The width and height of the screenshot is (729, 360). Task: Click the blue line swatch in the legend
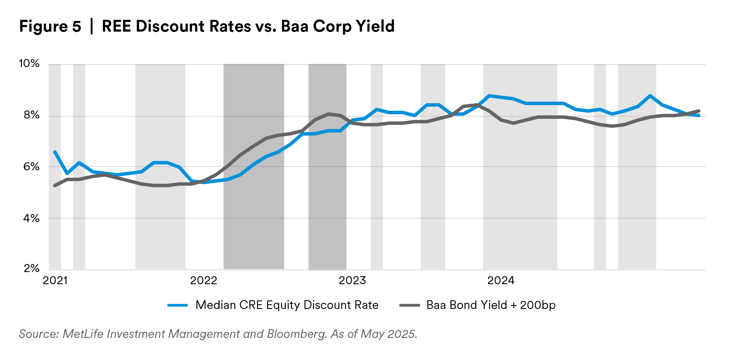[178, 305]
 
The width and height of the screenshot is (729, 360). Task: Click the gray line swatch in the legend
[410, 305]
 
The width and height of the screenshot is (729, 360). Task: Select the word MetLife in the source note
[83, 334]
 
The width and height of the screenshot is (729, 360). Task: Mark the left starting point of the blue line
[55, 152]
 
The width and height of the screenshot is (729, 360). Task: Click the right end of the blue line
[699, 115]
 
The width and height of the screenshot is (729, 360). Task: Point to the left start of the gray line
[54, 186]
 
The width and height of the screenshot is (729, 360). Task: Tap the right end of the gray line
[699, 110]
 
